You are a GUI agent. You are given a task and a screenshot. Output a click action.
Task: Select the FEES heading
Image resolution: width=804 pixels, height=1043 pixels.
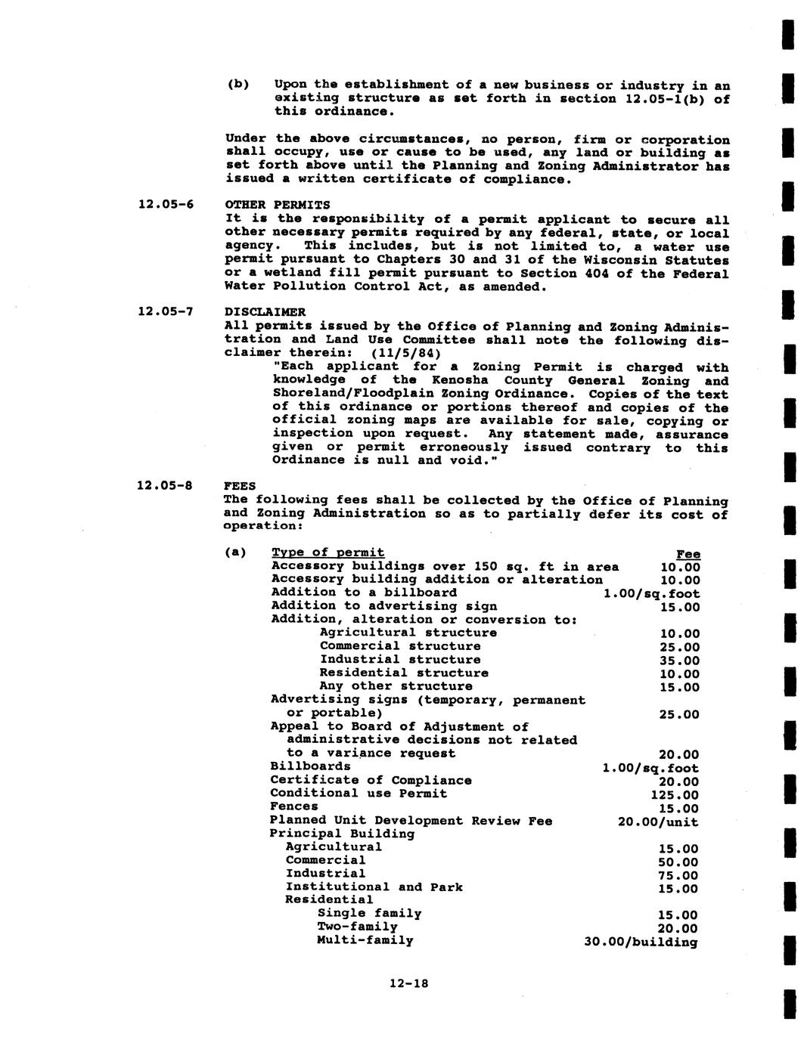240,486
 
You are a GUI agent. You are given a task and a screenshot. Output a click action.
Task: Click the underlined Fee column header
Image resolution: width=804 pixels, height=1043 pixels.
688,554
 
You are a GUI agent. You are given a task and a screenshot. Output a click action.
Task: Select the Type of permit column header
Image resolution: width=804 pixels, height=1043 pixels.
327,552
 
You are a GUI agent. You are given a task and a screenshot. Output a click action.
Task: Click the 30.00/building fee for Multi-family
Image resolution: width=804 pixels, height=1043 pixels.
641,942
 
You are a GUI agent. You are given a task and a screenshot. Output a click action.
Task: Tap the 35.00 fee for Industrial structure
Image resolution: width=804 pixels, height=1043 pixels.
679,661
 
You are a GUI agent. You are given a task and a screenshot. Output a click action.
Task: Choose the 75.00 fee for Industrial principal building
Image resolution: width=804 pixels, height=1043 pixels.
678,875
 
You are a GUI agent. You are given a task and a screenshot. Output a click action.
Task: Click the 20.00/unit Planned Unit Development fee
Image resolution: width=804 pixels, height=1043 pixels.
658,822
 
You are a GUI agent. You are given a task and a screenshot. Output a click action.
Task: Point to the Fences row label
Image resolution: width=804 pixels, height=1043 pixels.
294,806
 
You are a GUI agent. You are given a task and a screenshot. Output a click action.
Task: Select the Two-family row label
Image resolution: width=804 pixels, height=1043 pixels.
357,927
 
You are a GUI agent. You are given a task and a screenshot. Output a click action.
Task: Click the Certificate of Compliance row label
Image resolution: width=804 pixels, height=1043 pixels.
371,780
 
